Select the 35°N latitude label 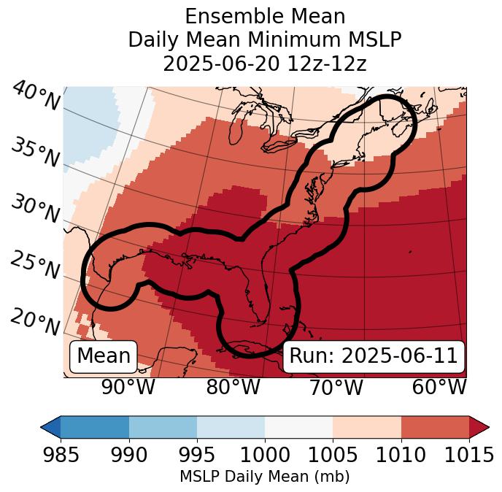point(36,153)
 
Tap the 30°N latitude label point(36,210)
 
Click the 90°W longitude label point(128,387)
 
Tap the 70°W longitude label point(336,387)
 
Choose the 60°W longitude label point(439,387)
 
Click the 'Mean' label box point(103,356)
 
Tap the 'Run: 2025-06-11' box point(373,356)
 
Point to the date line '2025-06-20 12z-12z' point(265,64)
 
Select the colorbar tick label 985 point(61,456)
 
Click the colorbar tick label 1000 point(265,456)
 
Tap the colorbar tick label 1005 point(333,456)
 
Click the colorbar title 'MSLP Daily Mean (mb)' point(265,477)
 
